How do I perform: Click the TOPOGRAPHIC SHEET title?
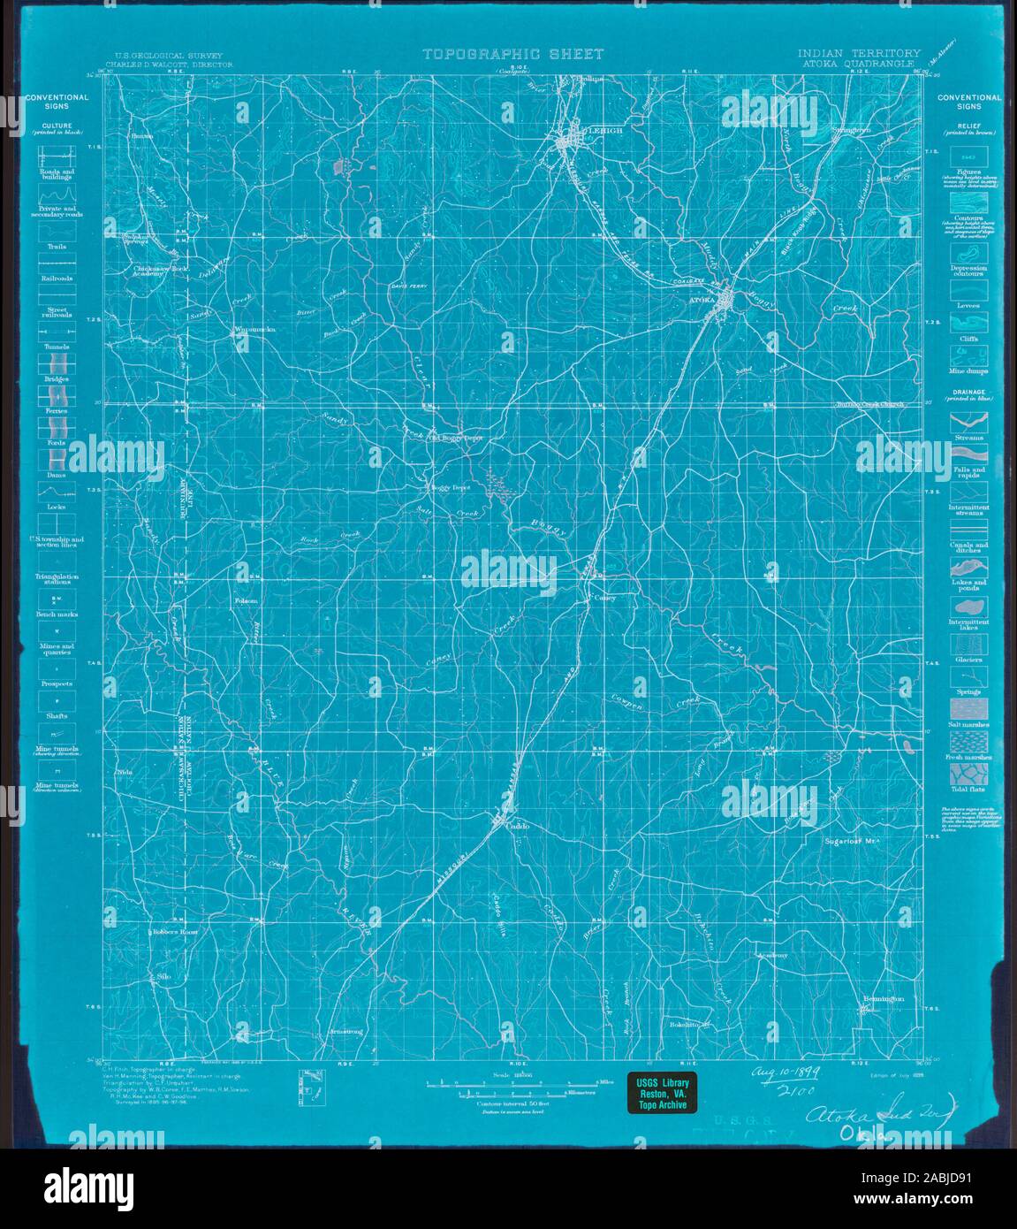[512, 54]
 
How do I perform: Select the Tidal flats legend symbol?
[968, 775]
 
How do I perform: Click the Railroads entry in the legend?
[56, 277]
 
